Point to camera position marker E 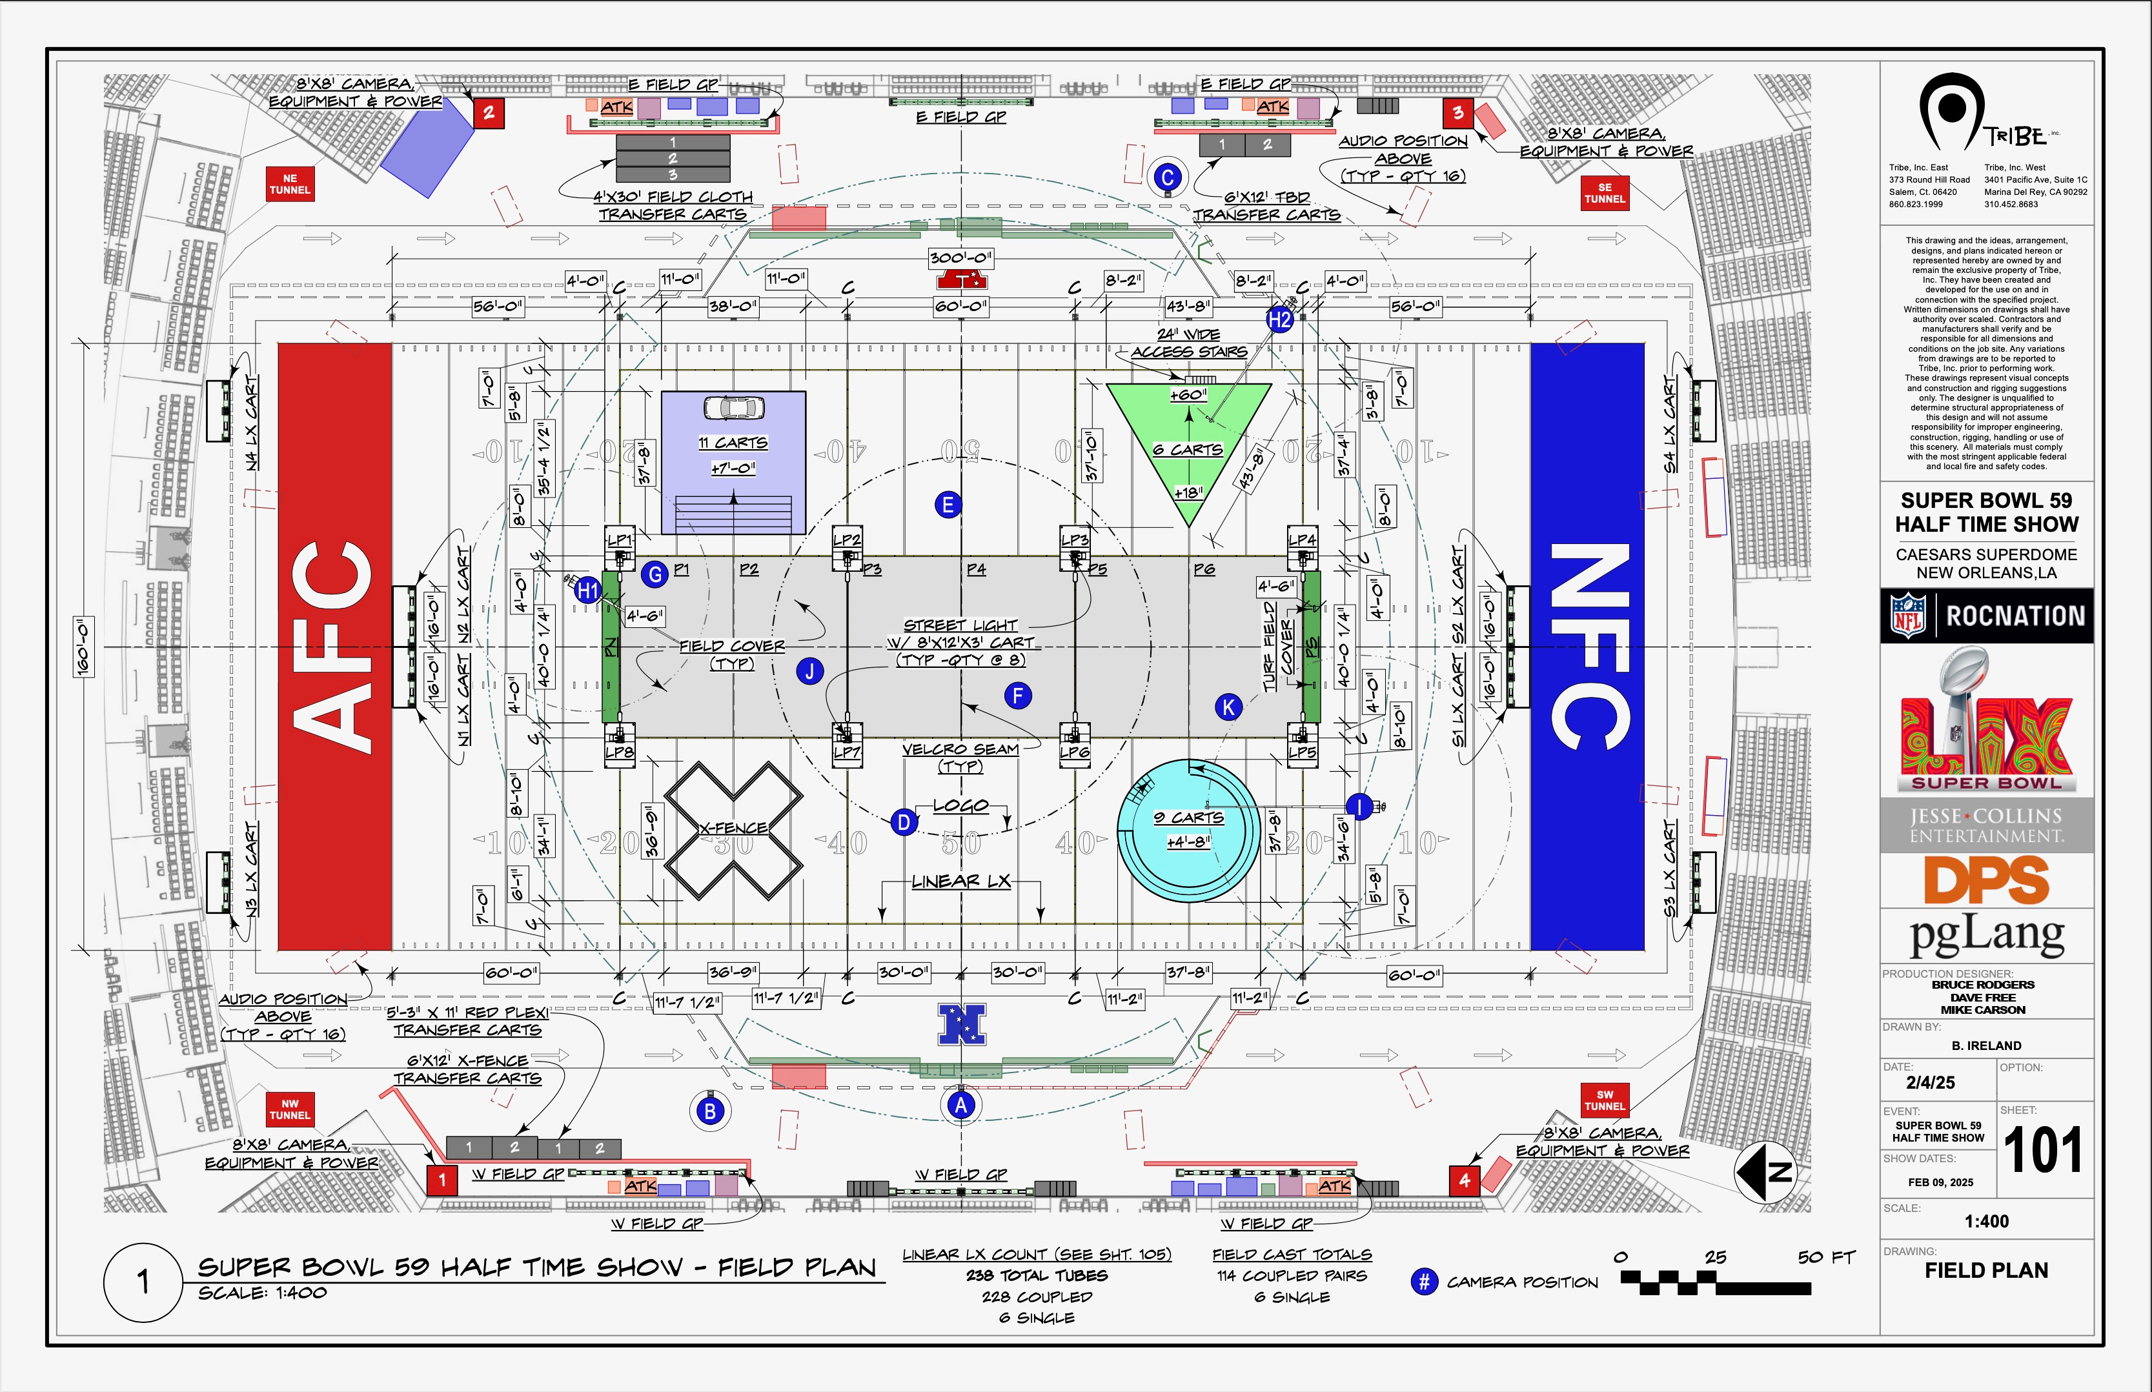point(947,505)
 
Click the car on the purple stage point(734,408)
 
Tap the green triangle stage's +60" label point(1188,395)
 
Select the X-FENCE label point(734,828)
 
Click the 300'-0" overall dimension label point(960,257)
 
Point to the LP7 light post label point(847,752)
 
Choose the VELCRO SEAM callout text point(960,749)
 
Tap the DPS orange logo point(1987,880)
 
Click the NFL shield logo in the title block point(1909,616)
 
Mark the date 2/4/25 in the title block point(1931,1082)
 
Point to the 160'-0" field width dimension point(83,647)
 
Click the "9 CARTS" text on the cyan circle point(1188,817)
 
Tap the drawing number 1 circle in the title point(142,1282)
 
